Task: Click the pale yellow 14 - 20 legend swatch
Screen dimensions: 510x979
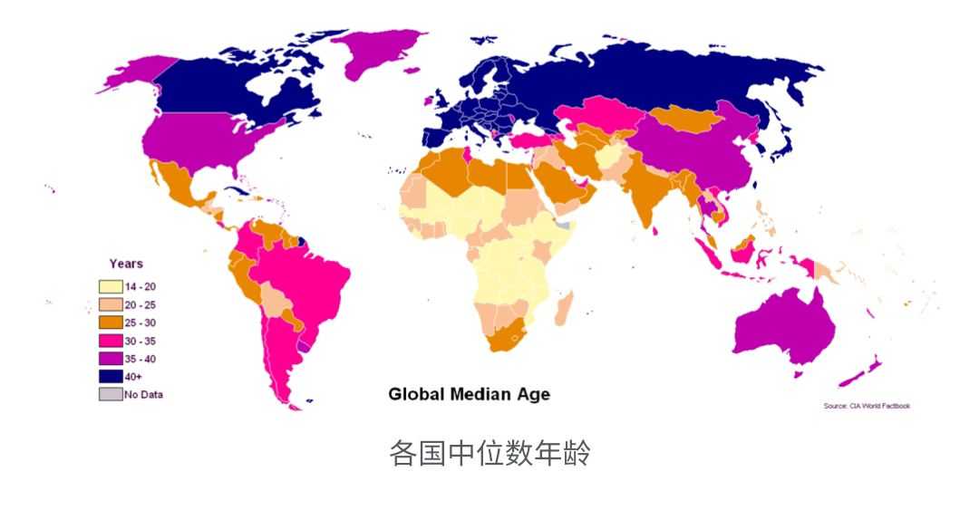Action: point(110,286)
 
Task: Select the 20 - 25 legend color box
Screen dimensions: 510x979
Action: point(110,304)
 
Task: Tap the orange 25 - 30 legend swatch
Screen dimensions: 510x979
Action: point(110,322)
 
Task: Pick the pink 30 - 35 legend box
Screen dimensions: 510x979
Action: point(110,341)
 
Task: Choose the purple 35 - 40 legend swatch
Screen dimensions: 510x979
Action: point(110,358)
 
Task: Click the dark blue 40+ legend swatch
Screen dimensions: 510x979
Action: point(110,376)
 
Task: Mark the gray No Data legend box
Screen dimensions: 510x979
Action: point(110,394)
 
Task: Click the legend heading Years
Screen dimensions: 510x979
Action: point(126,264)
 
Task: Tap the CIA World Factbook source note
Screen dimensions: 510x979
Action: point(866,406)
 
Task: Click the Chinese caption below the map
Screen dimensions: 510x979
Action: point(489,453)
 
